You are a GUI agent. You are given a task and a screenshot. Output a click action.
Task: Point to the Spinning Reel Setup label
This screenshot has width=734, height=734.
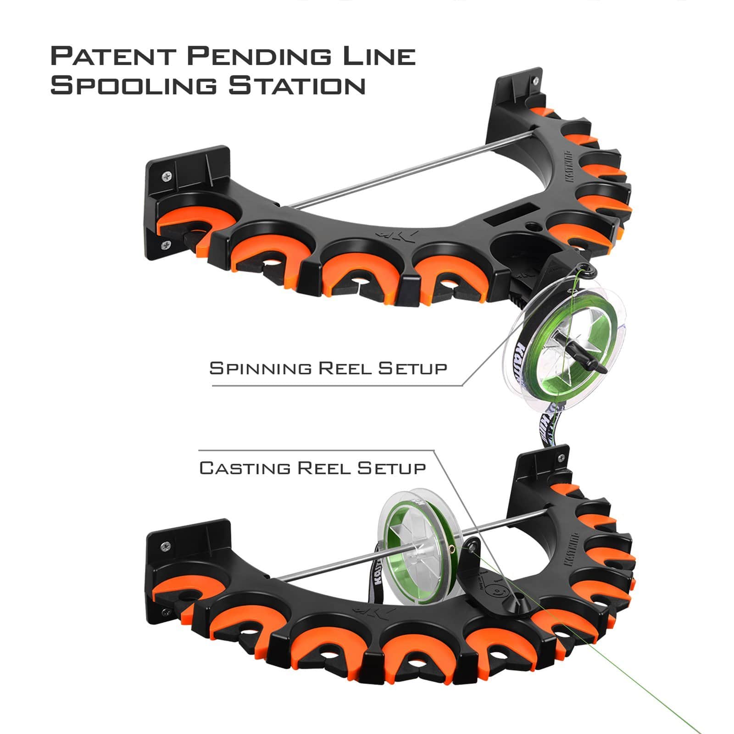tap(328, 368)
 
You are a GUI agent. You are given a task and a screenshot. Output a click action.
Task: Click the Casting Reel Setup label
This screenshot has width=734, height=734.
tap(312, 468)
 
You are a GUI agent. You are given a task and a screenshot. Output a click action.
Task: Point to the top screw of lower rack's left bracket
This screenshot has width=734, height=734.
tap(166, 546)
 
